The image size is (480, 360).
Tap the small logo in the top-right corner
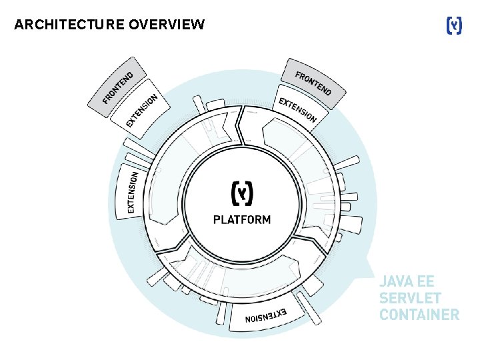[453, 25]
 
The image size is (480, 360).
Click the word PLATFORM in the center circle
[241, 220]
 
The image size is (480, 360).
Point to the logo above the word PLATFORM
[241, 193]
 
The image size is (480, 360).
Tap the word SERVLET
[410, 297]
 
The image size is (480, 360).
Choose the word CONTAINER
[419, 314]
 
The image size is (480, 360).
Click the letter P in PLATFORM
[217, 220]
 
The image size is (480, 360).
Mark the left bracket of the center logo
[234, 193]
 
